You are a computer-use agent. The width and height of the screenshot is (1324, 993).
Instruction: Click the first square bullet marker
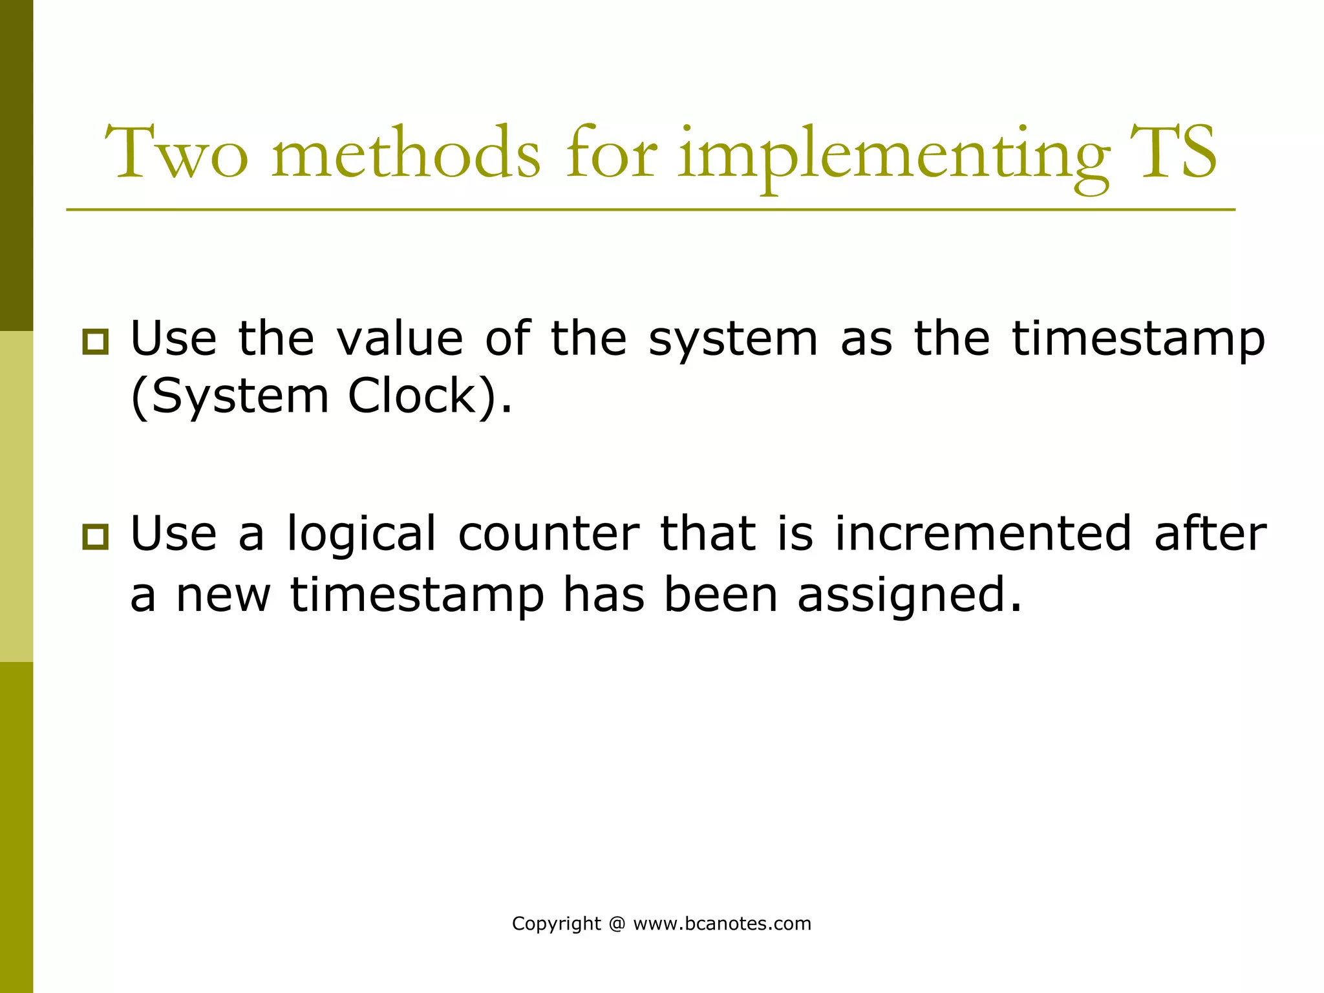tap(96, 341)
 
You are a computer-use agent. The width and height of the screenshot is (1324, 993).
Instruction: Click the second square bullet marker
tap(96, 537)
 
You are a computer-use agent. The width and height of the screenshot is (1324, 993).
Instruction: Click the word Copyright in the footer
tap(556, 924)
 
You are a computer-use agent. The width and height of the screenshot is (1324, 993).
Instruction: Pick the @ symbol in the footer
tap(617, 924)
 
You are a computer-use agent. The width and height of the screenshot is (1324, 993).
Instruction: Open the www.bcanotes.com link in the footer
tap(721, 924)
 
